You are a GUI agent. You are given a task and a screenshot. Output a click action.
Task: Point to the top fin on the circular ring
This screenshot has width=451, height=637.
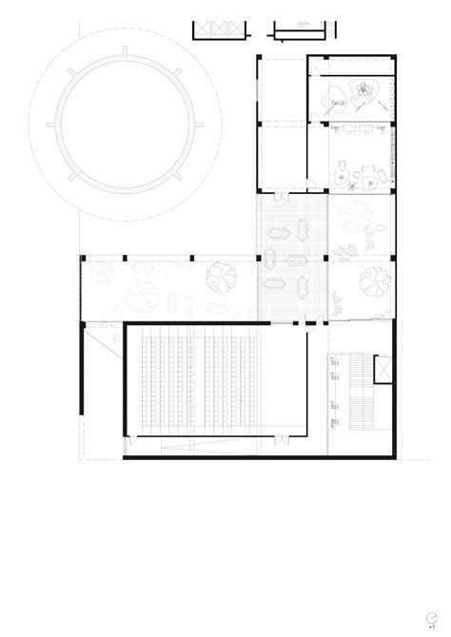127,45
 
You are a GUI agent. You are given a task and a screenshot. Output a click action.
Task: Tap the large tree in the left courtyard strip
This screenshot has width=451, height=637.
221,278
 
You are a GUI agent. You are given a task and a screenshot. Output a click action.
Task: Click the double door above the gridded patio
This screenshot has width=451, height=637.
282,197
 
